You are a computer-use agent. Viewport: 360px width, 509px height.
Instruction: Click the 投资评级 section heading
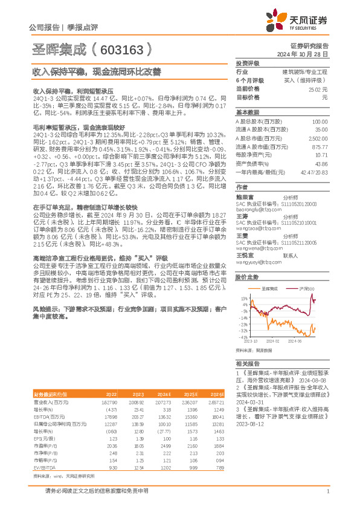247,63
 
